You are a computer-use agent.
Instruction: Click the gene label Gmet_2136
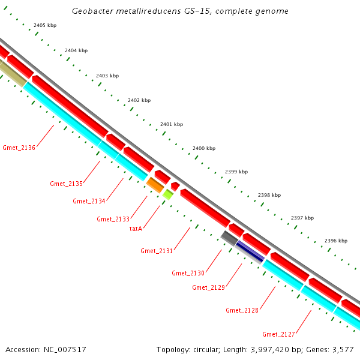[19, 148]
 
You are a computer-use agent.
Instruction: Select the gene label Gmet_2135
[66, 184]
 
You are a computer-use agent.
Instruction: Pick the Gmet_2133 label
[113, 219]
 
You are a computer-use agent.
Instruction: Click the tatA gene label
[136, 228]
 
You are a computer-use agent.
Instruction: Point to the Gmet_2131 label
[157, 250]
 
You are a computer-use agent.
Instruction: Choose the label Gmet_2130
[188, 273]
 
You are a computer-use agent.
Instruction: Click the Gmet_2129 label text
[208, 287]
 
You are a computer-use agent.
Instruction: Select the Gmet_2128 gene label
[242, 310]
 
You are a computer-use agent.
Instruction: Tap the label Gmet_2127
[278, 334]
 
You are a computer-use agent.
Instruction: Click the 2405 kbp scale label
[45, 25]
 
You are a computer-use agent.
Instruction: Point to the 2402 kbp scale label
[139, 100]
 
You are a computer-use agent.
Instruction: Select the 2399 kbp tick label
[236, 172]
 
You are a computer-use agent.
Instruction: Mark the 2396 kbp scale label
[335, 241]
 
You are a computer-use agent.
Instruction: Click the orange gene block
[155, 185]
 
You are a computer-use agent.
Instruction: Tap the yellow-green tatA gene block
[168, 194]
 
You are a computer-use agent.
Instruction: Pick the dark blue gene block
[250, 251]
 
